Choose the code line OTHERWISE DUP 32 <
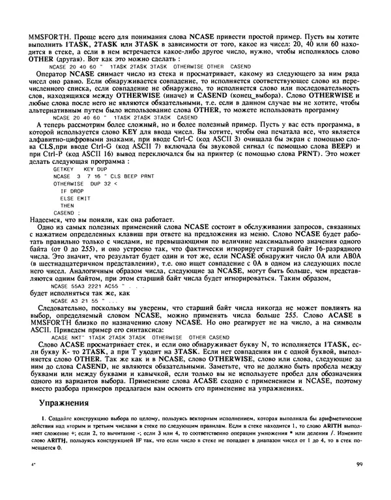click(x=84, y=183)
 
